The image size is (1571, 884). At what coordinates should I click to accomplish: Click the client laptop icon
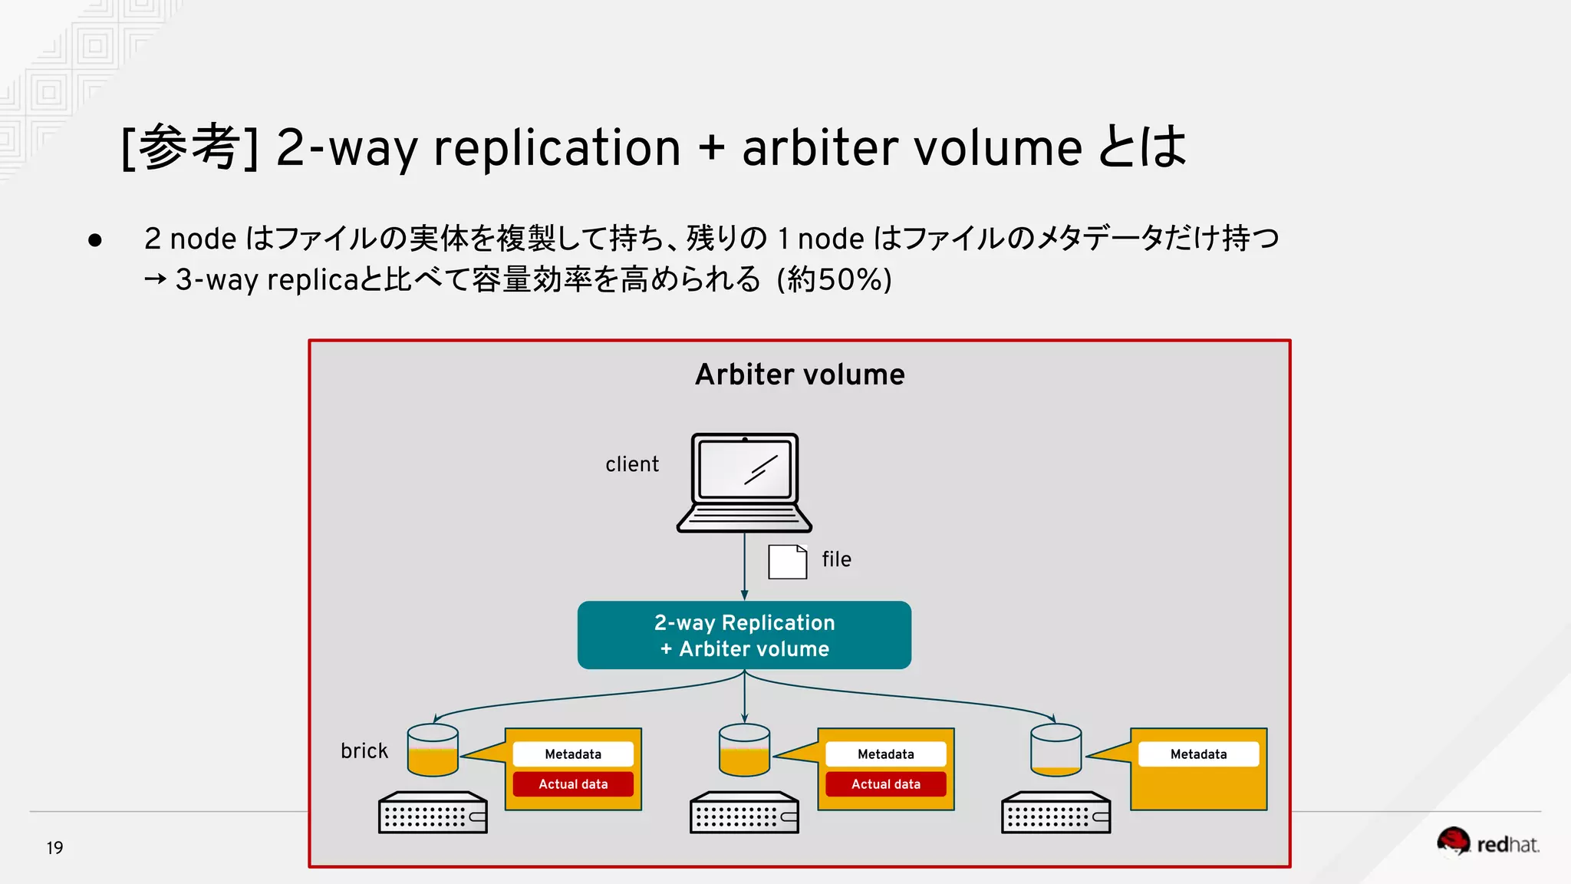point(744,482)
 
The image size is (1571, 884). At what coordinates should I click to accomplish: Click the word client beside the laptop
point(631,464)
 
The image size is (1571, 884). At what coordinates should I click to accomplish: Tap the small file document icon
point(787,562)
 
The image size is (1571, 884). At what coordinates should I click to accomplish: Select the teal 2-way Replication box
point(744,635)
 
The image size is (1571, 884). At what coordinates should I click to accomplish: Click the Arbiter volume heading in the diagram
point(799,374)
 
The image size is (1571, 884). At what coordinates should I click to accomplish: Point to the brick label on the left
point(364,750)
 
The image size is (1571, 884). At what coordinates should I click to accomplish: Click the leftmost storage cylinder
point(433,750)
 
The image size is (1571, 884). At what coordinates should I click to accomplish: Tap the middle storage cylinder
point(744,750)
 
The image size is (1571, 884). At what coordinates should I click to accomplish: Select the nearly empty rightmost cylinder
point(1056,750)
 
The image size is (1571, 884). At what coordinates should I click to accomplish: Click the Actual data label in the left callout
point(573,784)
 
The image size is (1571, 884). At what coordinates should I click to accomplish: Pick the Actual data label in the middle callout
point(885,784)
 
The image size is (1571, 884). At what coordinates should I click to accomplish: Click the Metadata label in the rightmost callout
point(1198,754)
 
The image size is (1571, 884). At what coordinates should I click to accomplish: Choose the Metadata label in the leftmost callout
point(573,754)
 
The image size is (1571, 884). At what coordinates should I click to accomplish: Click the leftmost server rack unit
point(433,813)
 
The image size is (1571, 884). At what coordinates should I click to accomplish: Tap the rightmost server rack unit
point(1056,813)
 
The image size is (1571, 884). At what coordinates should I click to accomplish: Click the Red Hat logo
point(1487,843)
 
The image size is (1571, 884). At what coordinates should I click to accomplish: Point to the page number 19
point(54,848)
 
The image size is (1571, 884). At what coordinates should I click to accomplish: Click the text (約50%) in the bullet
point(835,279)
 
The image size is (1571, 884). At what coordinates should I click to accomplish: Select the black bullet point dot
point(95,240)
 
